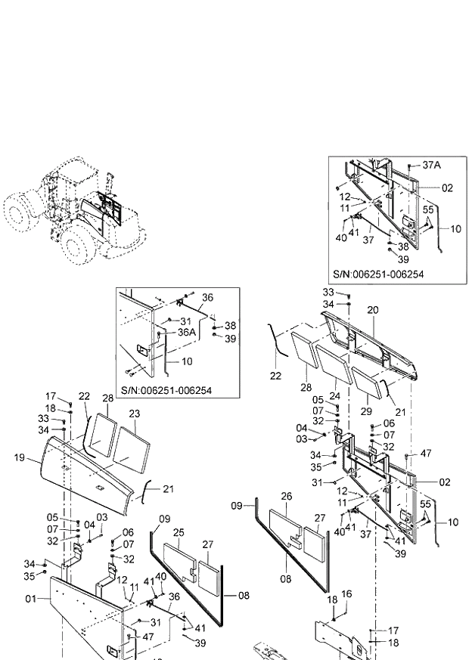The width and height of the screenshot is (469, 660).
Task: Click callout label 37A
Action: click(430, 165)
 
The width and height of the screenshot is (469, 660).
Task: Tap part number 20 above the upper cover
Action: click(372, 311)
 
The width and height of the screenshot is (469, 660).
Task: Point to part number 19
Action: click(20, 457)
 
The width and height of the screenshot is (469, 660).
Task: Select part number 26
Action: click(286, 496)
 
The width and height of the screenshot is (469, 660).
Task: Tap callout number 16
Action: click(347, 594)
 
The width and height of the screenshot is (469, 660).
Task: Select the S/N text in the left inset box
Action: click(166, 390)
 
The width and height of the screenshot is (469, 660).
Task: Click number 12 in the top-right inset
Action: click(344, 197)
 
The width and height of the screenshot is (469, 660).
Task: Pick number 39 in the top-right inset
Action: click(403, 259)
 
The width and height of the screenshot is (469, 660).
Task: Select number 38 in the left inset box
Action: click(230, 326)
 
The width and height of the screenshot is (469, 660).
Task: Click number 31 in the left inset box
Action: click(186, 321)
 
